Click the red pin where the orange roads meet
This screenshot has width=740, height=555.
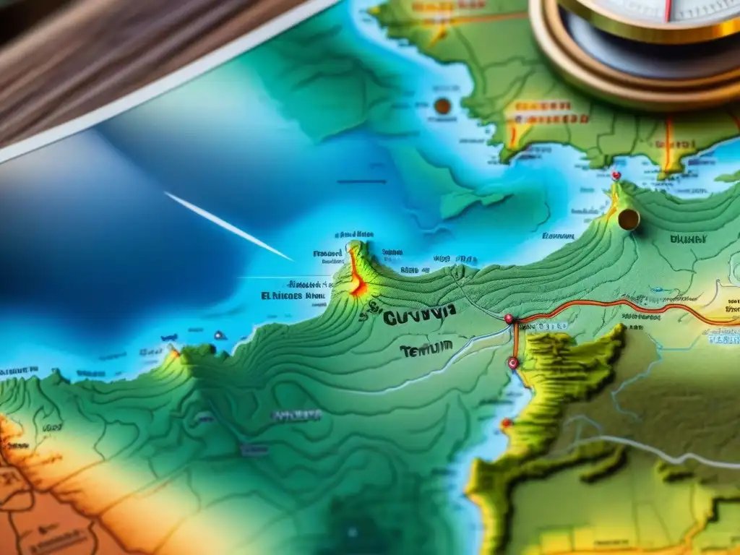pos(509,318)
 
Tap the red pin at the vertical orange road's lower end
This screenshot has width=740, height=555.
pos(514,363)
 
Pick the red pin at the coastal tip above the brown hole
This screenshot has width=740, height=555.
pos(616,175)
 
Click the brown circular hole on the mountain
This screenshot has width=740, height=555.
pos(629,219)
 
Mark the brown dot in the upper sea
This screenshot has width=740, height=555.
pos(442,106)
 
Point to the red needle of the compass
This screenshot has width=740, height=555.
pos(668,9)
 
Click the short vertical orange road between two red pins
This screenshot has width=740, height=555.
pos(515,341)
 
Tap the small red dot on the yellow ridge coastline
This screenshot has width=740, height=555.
pos(507,423)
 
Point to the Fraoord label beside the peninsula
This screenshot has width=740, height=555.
pos(327,254)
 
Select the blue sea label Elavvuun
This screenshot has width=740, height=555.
pos(557,236)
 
